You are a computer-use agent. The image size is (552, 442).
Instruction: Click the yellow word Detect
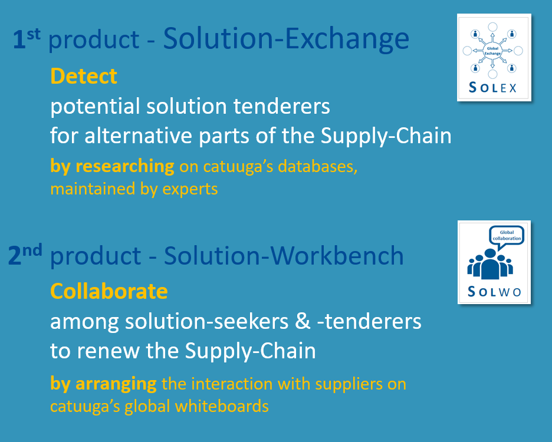point(84,76)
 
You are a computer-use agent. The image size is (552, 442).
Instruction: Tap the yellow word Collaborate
point(109,291)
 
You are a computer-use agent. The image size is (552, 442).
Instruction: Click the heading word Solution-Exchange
point(286,39)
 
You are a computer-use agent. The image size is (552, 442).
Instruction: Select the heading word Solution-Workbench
point(284,256)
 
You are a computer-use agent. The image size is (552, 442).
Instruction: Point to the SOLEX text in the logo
point(492,88)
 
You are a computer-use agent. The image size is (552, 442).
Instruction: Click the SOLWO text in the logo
point(494,292)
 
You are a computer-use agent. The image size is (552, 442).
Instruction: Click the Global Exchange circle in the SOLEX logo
point(492,51)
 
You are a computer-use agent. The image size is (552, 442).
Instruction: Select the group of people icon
point(490,264)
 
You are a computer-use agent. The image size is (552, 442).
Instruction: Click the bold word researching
point(125,166)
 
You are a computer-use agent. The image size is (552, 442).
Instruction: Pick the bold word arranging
point(116,384)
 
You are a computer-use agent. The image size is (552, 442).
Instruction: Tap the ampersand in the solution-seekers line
point(303,322)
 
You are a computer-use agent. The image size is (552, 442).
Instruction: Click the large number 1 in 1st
point(19,39)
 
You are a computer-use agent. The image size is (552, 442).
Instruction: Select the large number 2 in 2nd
point(15,256)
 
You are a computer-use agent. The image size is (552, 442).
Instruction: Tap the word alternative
point(139,136)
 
